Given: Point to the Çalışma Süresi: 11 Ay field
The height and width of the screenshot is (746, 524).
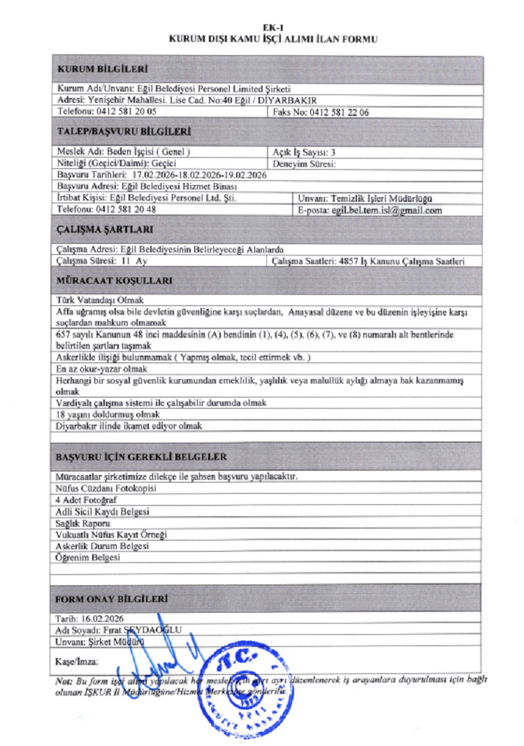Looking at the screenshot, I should pyautogui.click(x=102, y=261).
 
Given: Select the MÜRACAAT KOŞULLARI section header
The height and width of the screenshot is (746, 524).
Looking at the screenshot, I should pyautogui.click(x=114, y=281).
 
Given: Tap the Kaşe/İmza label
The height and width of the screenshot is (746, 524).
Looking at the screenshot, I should pyautogui.click(x=76, y=660).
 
